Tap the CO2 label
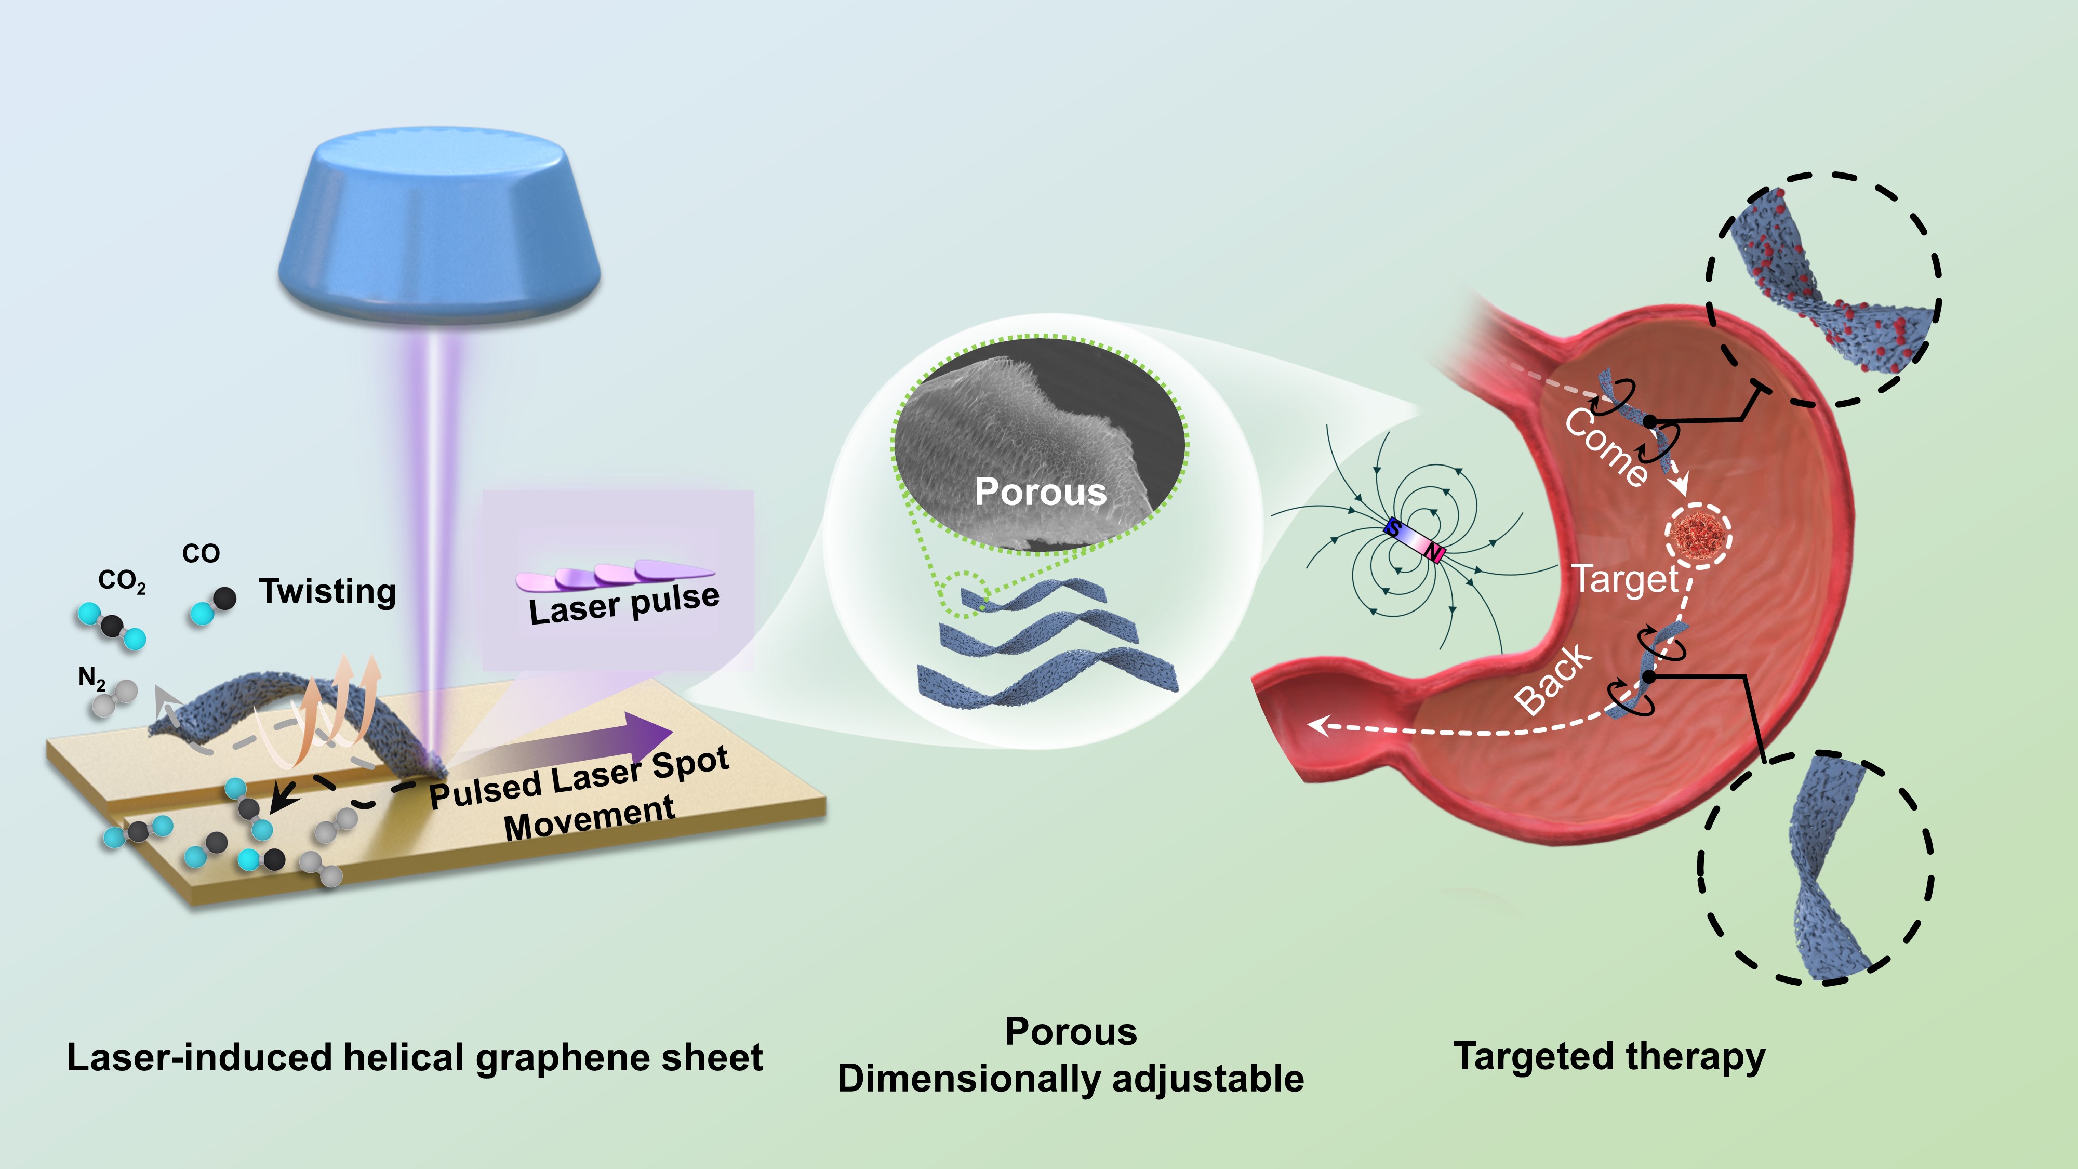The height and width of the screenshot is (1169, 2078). [122, 581]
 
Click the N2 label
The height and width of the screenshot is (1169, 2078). [91, 679]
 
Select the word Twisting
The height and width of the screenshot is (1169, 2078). [327, 591]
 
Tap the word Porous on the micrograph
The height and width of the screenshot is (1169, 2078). [1041, 491]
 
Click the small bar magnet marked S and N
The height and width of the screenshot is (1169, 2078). [1413, 540]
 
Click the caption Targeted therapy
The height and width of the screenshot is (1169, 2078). [1609, 1057]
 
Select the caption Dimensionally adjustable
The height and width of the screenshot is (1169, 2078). [1071, 1079]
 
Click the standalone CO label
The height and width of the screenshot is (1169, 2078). [201, 553]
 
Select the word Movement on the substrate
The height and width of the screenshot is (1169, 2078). [589, 819]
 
